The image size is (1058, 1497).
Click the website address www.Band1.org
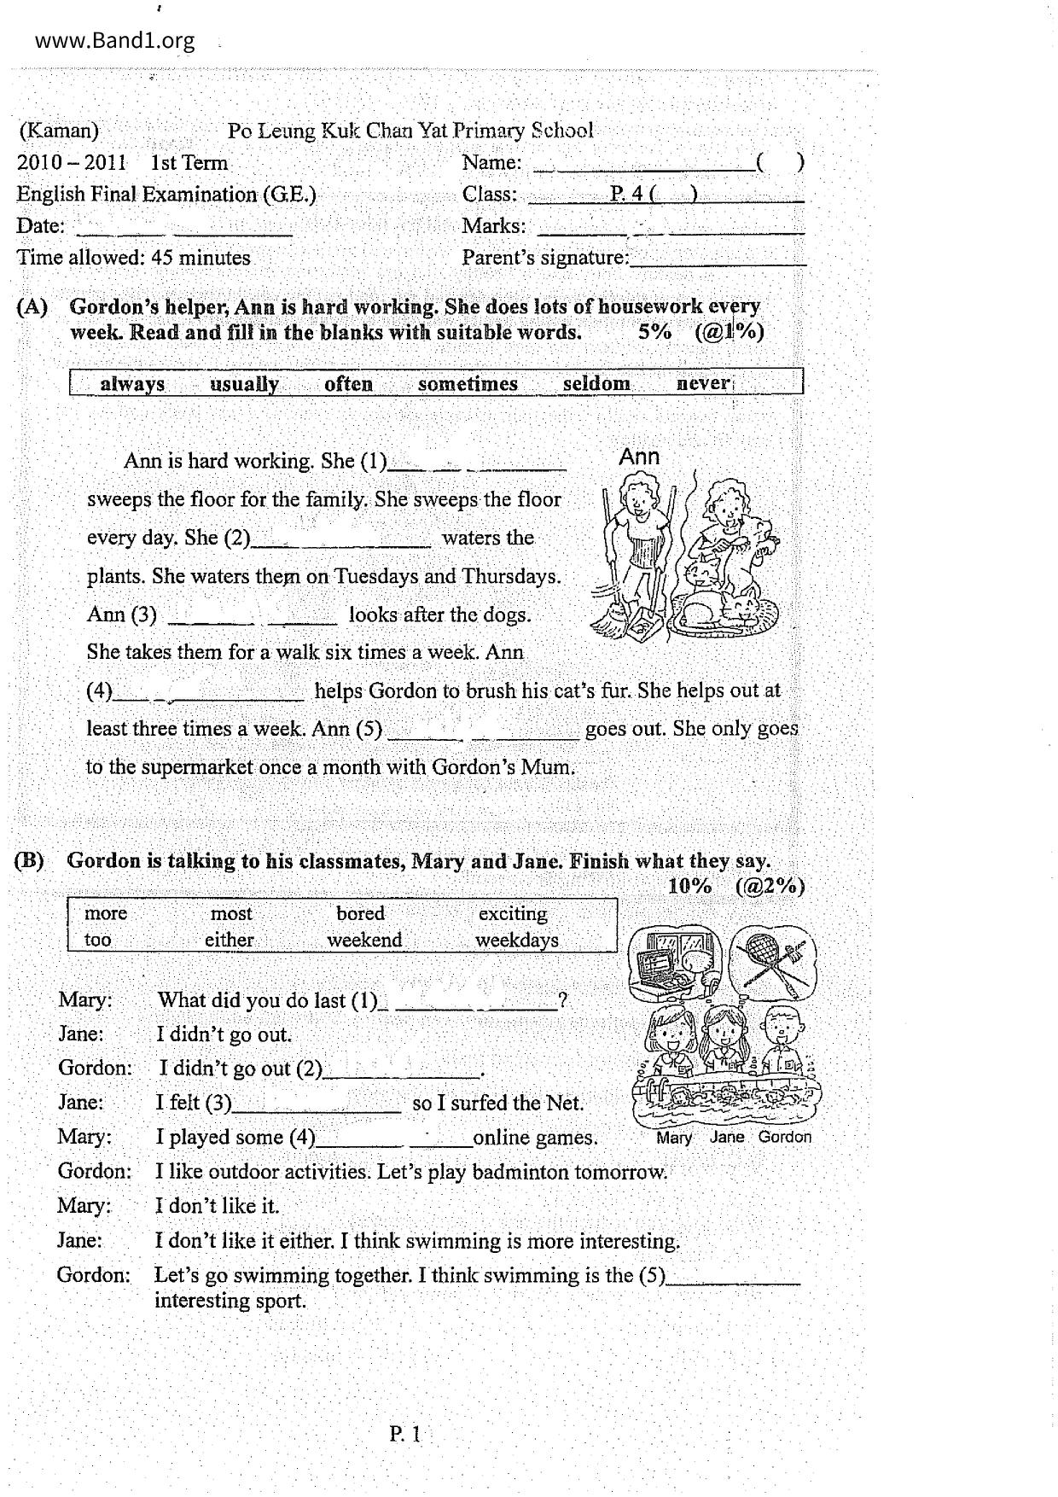(115, 41)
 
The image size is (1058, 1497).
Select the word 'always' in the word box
(132, 384)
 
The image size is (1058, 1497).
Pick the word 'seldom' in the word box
(596, 384)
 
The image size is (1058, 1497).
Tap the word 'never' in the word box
(703, 383)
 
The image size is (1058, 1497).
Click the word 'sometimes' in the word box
(468, 384)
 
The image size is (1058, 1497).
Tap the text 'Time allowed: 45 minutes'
(134, 258)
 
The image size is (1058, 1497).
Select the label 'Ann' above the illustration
(639, 457)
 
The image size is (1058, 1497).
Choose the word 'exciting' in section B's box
(513, 913)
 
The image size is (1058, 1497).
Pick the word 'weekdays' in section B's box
(517, 941)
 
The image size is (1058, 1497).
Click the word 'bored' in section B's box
(360, 913)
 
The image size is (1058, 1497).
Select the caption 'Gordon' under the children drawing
(785, 1138)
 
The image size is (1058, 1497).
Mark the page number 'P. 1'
(405, 1435)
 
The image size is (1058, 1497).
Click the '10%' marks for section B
(689, 886)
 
